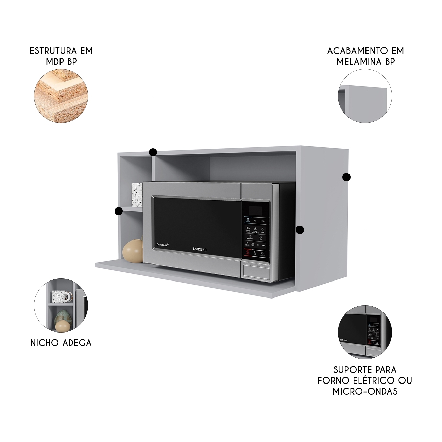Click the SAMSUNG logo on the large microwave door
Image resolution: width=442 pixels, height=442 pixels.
(x=200, y=249)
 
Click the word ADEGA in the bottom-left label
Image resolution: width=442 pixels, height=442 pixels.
(x=76, y=343)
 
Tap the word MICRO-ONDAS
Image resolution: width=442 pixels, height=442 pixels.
(x=365, y=391)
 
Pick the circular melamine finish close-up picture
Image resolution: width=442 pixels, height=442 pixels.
(x=365, y=96)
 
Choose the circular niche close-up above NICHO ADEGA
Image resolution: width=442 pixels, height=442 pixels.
(x=61, y=305)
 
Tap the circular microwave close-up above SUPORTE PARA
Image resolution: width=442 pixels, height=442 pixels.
(x=365, y=332)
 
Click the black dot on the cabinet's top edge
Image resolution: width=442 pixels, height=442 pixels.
(x=153, y=152)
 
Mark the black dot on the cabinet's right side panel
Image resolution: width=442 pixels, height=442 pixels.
(x=346, y=177)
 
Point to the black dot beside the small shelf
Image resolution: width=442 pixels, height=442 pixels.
(x=119, y=211)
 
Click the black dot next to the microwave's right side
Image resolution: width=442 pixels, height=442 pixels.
(x=300, y=230)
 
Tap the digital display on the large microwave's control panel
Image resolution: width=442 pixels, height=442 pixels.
(x=256, y=210)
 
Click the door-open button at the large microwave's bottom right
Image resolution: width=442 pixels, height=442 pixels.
(x=257, y=272)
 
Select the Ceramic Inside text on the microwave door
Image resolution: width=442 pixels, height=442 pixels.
(x=163, y=244)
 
